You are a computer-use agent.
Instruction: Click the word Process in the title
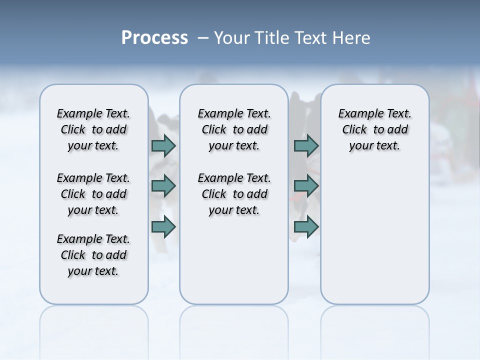point(154,38)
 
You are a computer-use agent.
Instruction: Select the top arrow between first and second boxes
point(163,145)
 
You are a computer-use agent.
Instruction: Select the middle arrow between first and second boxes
point(163,186)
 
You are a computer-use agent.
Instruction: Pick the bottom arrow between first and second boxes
point(163,227)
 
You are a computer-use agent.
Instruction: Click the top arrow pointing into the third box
point(306,145)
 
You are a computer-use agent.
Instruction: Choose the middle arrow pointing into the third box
point(306,186)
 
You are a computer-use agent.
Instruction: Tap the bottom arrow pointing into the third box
point(306,227)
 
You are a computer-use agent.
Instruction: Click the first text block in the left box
point(93,129)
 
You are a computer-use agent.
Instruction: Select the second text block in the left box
point(93,194)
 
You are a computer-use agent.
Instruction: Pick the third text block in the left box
point(93,255)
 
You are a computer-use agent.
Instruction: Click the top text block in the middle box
point(234,129)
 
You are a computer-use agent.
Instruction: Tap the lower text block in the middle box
point(234,194)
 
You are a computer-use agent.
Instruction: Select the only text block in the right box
point(374,129)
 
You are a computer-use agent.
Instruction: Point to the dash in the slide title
point(203,38)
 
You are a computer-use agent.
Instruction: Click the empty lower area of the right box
point(374,240)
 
